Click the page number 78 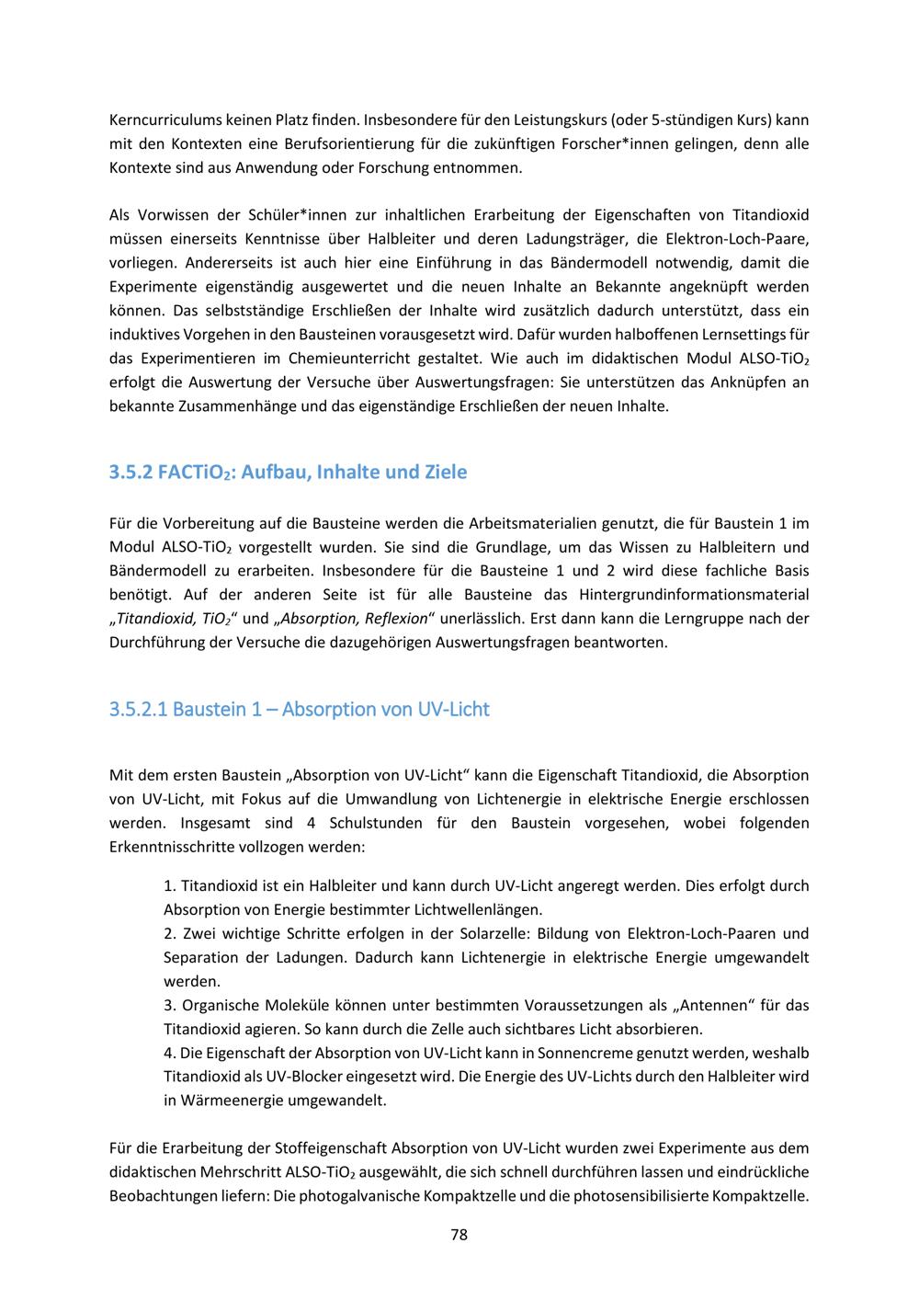pyautogui.click(x=459, y=1235)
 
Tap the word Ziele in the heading pyautogui.click(x=444, y=473)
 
